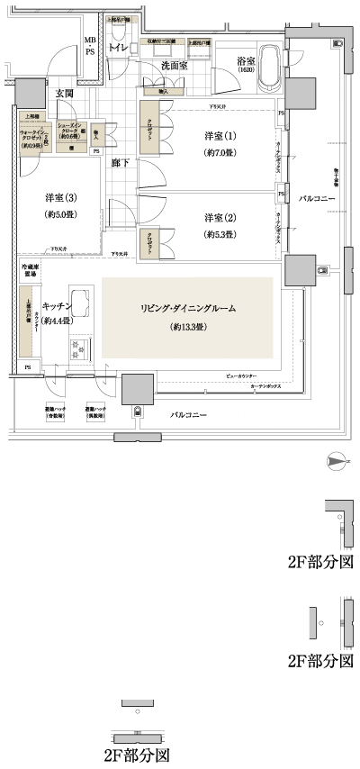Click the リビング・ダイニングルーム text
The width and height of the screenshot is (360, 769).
[187, 309]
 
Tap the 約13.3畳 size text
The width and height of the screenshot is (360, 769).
[187, 326]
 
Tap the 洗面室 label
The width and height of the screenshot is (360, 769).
[173, 66]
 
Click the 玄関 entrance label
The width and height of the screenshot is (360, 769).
[64, 93]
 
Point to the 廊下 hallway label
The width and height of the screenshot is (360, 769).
[120, 165]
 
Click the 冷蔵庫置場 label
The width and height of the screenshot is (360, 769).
[33, 271]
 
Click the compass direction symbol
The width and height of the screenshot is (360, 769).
[338, 461]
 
